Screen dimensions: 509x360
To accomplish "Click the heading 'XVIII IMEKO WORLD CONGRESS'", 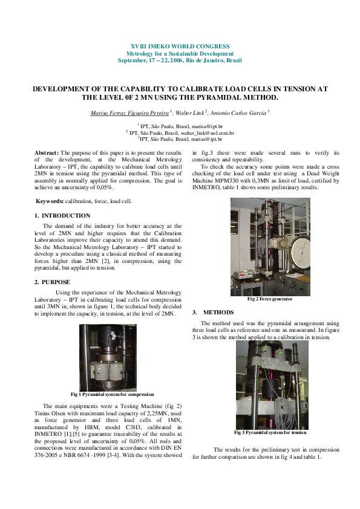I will click(x=180, y=47).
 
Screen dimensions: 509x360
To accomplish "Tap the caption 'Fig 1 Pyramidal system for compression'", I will click(x=112, y=394).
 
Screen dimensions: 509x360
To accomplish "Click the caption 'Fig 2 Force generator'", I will click(x=270, y=299).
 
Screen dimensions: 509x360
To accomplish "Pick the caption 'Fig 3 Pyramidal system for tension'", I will click(x=270, y=433).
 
